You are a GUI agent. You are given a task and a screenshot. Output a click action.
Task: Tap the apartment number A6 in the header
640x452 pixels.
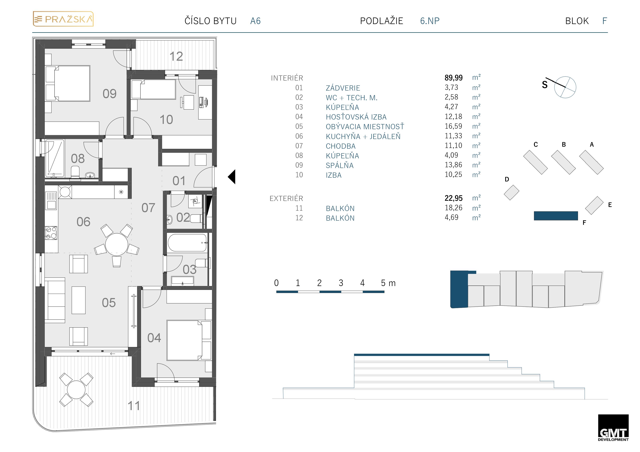pyautogui.click(x=255, y=21)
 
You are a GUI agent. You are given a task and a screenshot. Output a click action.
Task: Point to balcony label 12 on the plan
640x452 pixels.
pyautogui.click(x=176, y=56)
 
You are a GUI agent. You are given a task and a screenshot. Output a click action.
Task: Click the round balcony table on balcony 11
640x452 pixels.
pyautogui.click(x=76, y=390)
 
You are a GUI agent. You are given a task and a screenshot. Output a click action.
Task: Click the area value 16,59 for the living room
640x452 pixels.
pyautogui.click(x=453, y=126)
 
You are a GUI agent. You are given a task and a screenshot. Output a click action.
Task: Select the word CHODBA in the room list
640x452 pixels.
pyautogui.click(x=341, y=146)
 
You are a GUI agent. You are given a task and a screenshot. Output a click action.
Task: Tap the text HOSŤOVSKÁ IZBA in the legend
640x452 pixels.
pyautogui.click(x=356, y=117)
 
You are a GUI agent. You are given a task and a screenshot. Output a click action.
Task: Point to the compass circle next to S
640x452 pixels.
pyautogui.click(x=565, y=87)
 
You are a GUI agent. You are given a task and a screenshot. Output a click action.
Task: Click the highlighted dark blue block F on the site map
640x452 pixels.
pyautogui.click(x=556, y=216)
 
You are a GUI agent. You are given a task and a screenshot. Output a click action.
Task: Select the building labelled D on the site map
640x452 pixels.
pyautogui.click(x=511, y=192)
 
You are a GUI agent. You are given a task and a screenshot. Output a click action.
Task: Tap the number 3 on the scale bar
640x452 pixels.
pyautogui.click(x=341, y=283)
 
